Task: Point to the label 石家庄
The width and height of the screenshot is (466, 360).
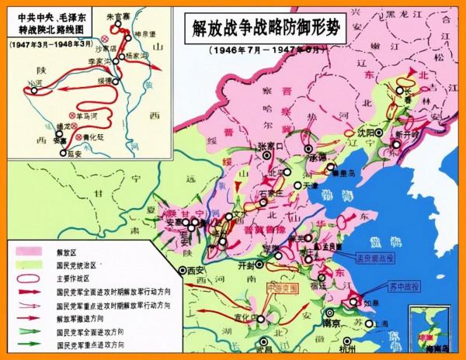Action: click(273, 185)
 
